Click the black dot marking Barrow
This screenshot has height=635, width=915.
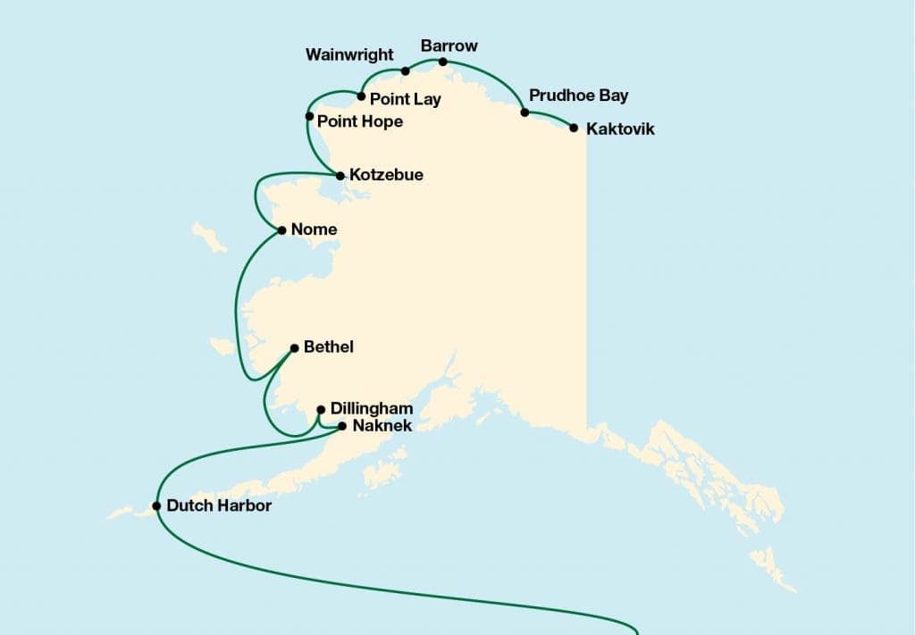point(443,62)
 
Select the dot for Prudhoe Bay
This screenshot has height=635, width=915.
point(525,113)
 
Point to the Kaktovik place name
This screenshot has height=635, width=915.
point(620,130)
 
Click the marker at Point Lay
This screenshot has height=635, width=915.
point(361,96)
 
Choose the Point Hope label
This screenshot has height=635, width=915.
point(360,121)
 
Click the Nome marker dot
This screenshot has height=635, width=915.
point(282,230)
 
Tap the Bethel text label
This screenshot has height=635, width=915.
point(328,347)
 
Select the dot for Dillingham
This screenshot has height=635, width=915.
point(321,409)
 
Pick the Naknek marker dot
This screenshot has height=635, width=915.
point(341,426)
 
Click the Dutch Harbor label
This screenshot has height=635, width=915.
point(220,505)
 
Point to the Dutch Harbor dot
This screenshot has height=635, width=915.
point(157,505)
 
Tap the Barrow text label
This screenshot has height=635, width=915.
point(449,46)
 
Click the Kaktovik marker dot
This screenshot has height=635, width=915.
point(574,128)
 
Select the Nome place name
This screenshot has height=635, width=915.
point(314,230)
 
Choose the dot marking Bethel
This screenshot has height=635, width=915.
point(294,347)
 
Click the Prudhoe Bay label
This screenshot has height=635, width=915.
point(578,96)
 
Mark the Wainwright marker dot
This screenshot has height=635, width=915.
point(405,71)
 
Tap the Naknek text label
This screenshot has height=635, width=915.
point(382,426)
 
